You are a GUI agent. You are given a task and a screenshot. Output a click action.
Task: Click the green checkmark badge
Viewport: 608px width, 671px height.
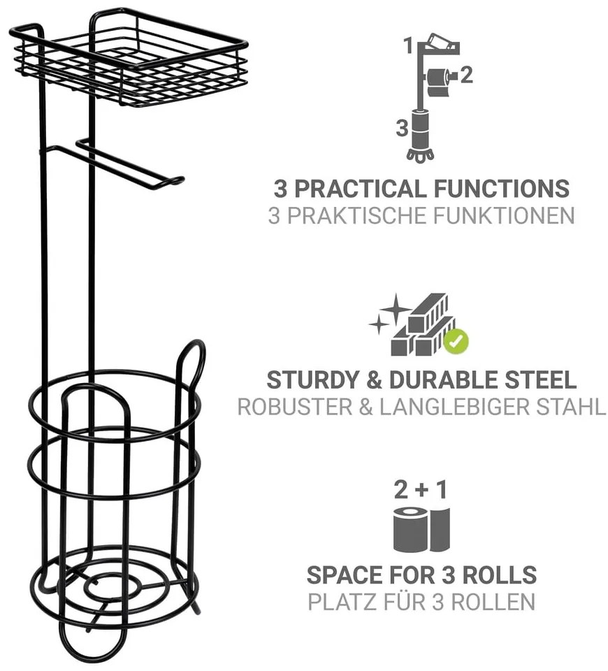[x=456, y=341]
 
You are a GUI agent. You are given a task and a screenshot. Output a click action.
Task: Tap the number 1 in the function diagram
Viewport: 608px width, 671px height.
[x=409, y=46]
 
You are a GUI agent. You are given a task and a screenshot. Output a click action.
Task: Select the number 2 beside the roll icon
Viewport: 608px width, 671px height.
[x=466, y=75]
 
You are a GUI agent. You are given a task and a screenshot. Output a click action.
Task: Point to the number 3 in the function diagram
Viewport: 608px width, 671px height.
[x=402, y=128]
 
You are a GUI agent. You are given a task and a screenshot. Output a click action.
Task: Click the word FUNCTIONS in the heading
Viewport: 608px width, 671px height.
[x=502, y=189]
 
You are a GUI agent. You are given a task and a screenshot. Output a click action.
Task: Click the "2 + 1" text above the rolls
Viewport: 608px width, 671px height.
[x=421, y=489]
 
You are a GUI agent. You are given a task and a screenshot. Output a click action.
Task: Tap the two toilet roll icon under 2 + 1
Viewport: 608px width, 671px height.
[x=421, y=529]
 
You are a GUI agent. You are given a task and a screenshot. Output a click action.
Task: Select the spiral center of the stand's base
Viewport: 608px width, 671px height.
[x=113, y=586]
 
